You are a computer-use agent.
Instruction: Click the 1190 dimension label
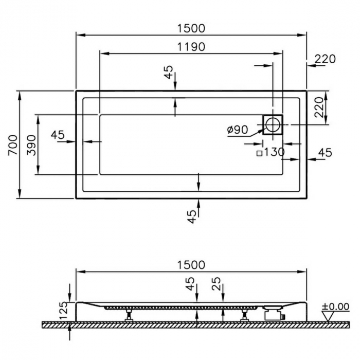click(x=191, y=47)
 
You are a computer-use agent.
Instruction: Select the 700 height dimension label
click(x=13, y=146)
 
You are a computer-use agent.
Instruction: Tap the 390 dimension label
click(x=31, y=146)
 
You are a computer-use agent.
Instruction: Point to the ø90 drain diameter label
click(x=238, y=130)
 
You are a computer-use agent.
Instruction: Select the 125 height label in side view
click(x=64, y=310)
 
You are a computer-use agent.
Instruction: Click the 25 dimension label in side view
click(x=217, y=284)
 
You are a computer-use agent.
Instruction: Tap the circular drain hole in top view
click(x=273, y=124)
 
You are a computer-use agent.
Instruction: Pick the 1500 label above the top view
click(x=191, y=28)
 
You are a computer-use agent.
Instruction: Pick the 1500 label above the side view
click(x=191, y=265)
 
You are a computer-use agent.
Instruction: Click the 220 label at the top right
click(x=325, y=59)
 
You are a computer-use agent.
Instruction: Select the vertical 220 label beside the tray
click(x=318, y=107)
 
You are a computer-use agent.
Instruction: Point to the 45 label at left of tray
click(x=58, y=135)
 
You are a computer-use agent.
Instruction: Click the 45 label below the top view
click(x=192, y=217)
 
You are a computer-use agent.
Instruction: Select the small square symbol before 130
click(x=259, y=153)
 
